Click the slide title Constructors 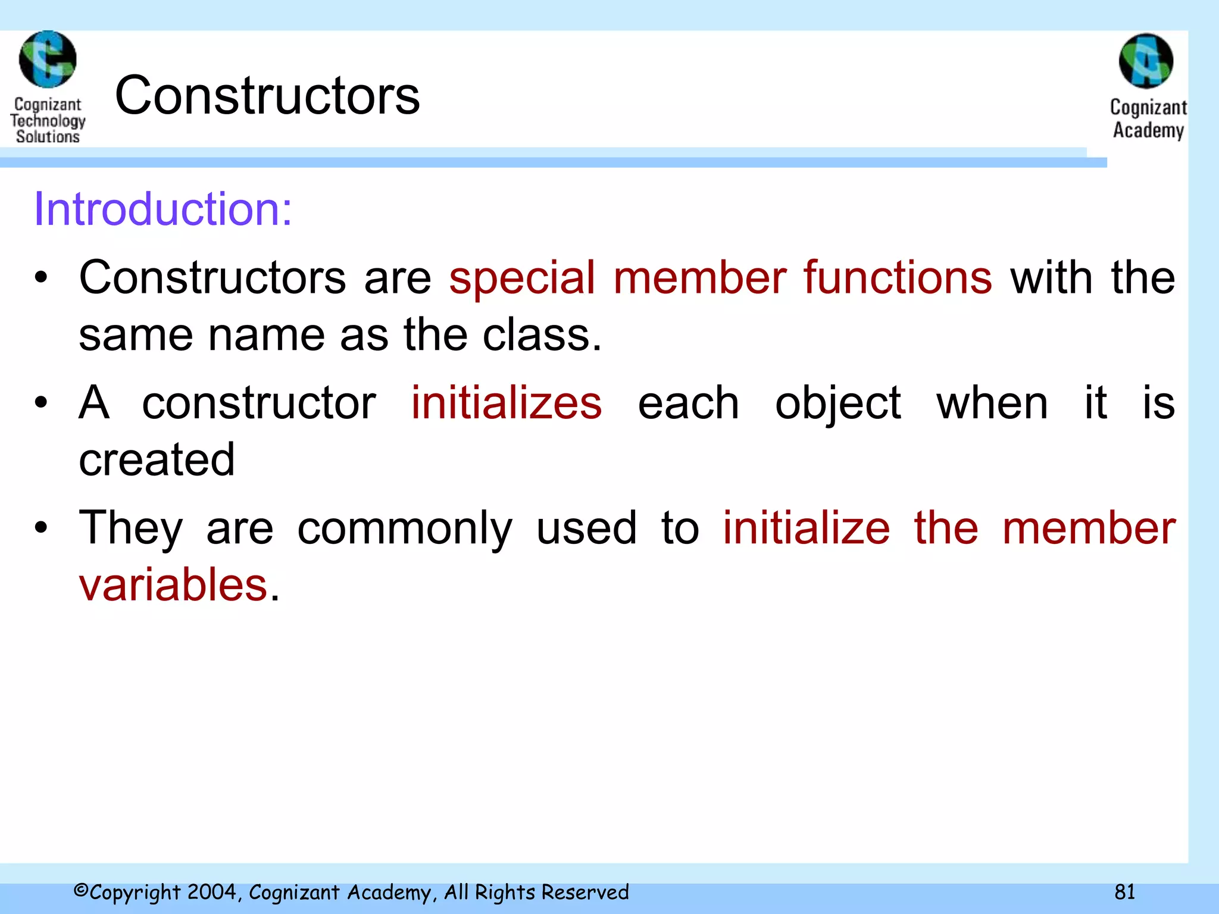267,95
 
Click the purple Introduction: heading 163,209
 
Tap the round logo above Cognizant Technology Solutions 48,60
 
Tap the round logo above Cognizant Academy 1146,61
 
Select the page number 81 1124,891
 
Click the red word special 522,278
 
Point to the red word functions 898,278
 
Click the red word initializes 507,403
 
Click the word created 157,459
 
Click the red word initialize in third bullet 807,528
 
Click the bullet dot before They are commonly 40,527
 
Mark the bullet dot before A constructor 40,402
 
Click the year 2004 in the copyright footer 212,891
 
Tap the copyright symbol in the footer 81,890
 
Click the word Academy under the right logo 1148,130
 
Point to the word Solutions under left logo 48,136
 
